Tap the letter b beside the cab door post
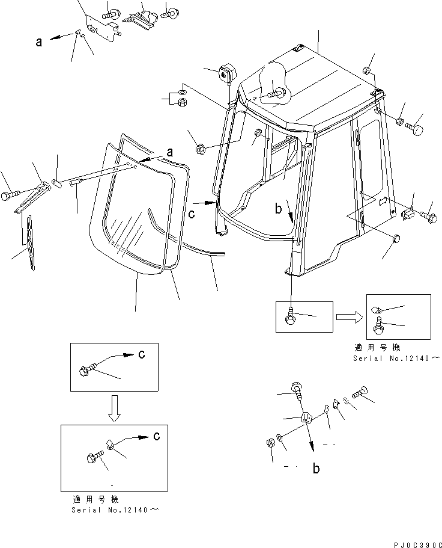tap(278, 209)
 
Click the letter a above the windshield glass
tap(170, 153)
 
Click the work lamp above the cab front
tap(227, 74)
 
